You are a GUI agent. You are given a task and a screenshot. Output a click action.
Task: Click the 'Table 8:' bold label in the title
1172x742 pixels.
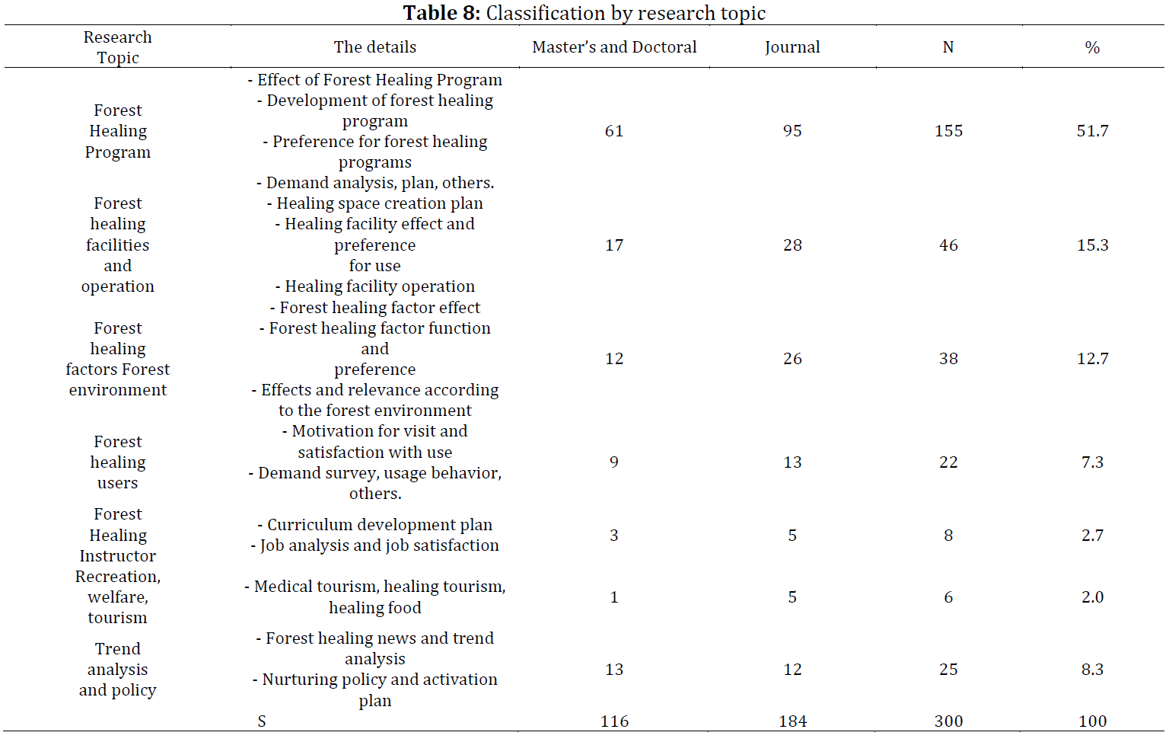pos(441,12)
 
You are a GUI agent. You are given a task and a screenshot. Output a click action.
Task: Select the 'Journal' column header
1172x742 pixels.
pos(792,48)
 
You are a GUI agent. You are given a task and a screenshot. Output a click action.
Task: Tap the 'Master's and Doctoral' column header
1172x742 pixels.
pos(614,47)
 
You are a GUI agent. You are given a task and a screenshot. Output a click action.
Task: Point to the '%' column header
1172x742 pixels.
pos(1092,48)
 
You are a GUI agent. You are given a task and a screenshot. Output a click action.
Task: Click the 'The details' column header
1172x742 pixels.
pos(375,47)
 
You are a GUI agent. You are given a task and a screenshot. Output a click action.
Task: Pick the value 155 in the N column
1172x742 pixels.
pos(948,130)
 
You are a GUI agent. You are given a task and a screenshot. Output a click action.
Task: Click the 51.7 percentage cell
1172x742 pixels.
pos(1093,130)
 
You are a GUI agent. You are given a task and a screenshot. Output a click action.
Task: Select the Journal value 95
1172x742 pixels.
pos(792,130)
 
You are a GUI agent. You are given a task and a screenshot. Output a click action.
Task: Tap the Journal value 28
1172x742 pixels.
pos(792,245)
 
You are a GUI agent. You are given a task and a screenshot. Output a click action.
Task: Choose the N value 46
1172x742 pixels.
pos(948,245)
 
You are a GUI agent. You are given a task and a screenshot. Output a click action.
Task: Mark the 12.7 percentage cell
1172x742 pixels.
pos(1093,359)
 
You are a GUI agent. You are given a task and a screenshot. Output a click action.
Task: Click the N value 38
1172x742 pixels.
pos(948,359)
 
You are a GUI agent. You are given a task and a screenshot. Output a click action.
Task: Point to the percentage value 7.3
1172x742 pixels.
pos(1093,462)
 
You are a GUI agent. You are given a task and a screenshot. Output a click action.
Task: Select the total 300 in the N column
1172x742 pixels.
pos(948,721)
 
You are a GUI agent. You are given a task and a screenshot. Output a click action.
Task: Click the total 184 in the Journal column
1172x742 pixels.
pos(793,721)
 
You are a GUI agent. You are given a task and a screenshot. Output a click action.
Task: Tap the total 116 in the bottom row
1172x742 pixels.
pos(614,721)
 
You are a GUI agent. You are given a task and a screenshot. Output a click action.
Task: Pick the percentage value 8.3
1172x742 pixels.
pos(1093,669)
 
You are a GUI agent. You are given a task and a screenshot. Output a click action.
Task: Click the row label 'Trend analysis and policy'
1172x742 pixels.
pos(118,669)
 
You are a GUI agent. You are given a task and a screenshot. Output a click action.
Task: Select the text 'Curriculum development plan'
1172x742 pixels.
pos(380,525)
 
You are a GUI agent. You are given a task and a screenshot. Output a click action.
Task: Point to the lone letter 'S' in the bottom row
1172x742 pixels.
pos(262,721)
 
